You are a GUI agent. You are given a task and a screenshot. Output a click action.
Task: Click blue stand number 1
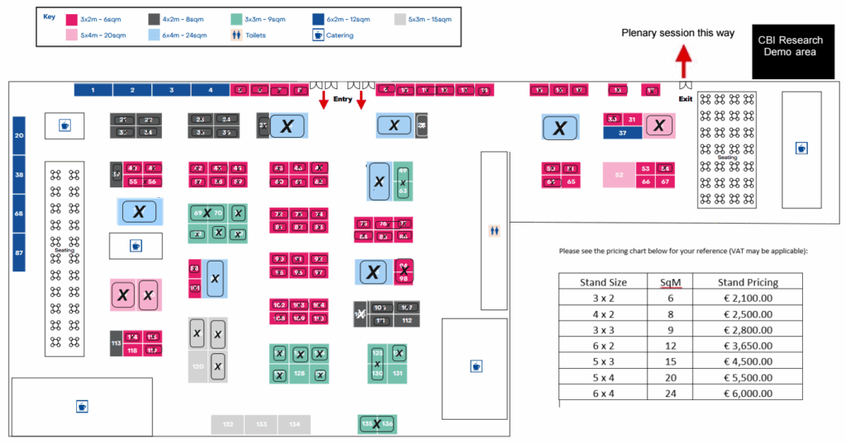pyautogui.click(x=93, y=90)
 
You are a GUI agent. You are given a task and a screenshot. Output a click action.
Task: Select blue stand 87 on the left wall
pyautogui.click(x=19, y=252)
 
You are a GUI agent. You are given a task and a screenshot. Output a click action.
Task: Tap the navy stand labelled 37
pyautogui.click(x=622, y=133)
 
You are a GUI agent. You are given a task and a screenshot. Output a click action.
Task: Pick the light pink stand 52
pyautogui.click(x=619, y=175)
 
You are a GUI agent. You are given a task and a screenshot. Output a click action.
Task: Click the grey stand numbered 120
pyautogui.click(x=197, y=366)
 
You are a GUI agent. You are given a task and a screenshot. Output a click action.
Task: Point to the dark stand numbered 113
pyautogui.click(x=116, y=343)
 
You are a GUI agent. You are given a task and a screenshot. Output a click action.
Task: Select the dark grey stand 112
pyautogui.click(x=406, y=320)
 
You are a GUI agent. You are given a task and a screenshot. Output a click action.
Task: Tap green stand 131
pyautogui.click(x=398, y=374)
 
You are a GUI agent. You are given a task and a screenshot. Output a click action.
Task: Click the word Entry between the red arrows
pyautogui.click(x=342, y=99)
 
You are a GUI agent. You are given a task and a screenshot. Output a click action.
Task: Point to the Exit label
pyautogui.click(x=685, y=99)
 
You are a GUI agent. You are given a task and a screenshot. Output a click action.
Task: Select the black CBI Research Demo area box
pyautogui.click(x=788, y=46)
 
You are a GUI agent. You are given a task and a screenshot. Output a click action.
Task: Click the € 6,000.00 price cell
pyautogui.click(x=748, y=395)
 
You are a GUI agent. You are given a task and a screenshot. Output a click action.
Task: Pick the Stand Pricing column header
pyautogui.click(x=748, y=282)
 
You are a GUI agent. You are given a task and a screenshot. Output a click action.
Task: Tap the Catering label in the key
pyautogui.click(x=340, y=35)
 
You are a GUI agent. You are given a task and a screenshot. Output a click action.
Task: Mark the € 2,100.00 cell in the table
pyautogui.click(x=748, y=298)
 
